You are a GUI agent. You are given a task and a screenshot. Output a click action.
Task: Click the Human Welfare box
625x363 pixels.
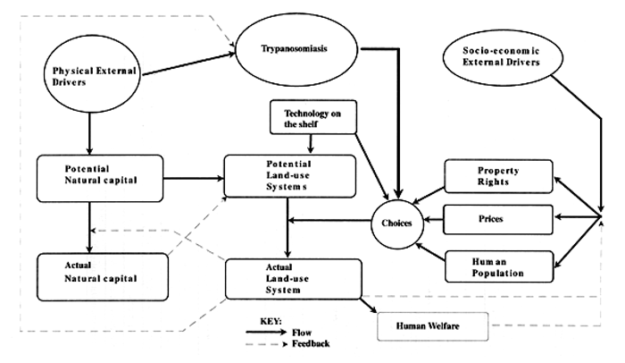(x=432, y=326)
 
